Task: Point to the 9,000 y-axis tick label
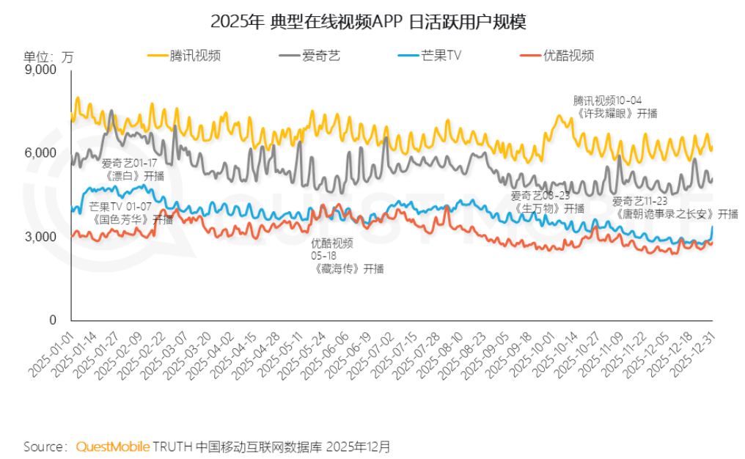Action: [41, 70]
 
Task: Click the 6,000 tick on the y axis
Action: [41, 153]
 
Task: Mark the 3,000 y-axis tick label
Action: [41, 237]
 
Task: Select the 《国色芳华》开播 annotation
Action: [131, 213]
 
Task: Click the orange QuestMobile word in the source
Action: [113, 446]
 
